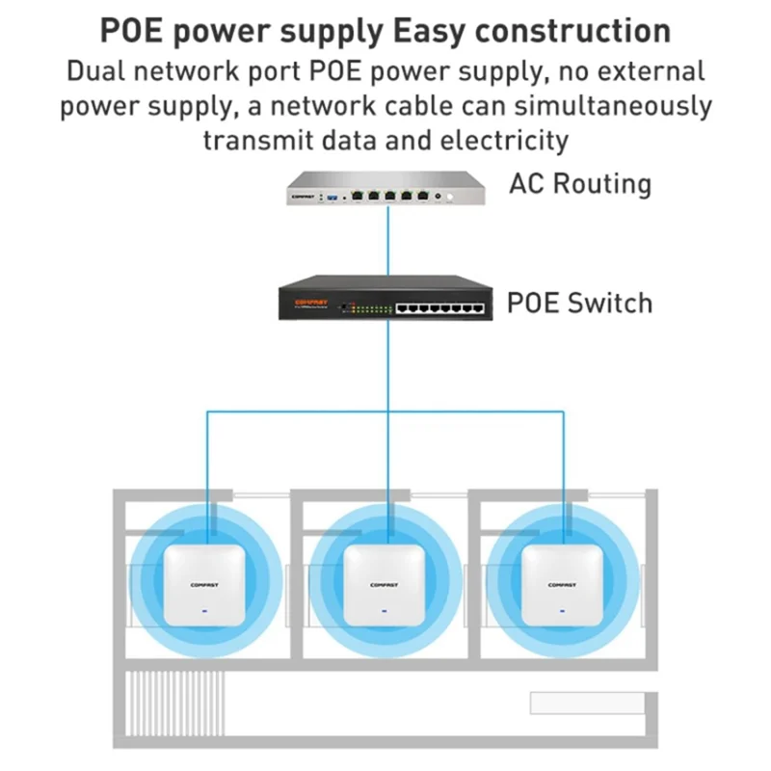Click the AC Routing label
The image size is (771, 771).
click(x=580, y=183)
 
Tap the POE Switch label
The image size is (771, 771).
click(x=579, y=303)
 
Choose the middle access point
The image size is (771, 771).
click(x=385, y=584)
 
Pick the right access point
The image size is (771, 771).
click(x=563, y=584)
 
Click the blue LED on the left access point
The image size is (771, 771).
click(x=204, y=609)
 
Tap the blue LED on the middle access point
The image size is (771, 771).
click(x=385, y=609)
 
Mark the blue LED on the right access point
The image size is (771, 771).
click(x=563, y=609)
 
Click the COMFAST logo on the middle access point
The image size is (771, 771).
click(x=385, y=583)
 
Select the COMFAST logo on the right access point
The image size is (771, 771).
click(x=563, y=583)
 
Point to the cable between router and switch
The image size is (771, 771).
click(x=388, y=241)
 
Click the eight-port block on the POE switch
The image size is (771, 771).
click(x=439, y=307)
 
